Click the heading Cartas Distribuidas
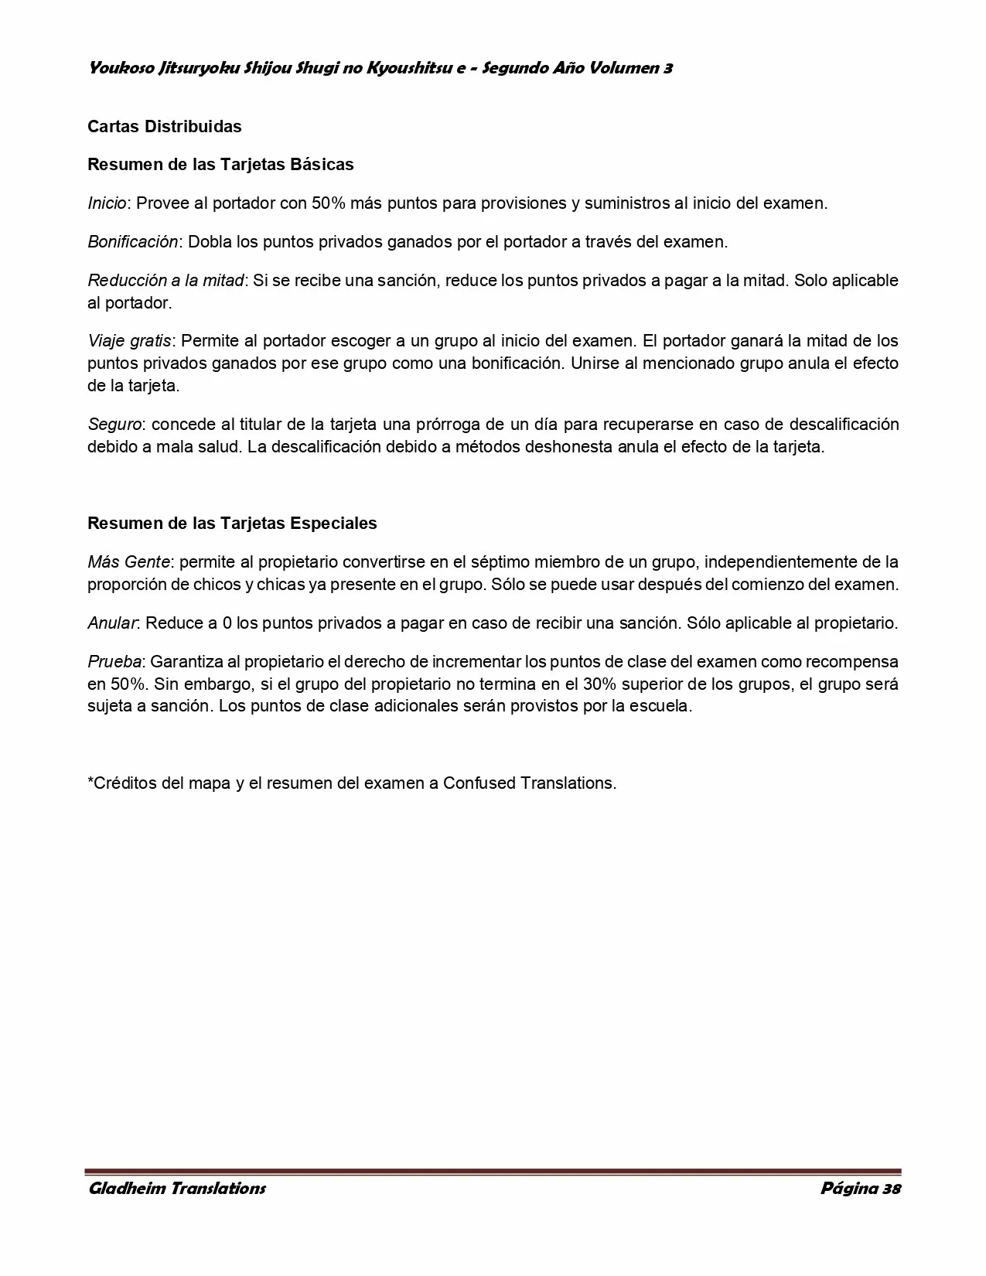pyautogui.click(x=164, y=126)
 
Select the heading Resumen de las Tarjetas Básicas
pyautogui.click(x=220, y=165)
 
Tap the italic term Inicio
pyautogui.click(x=107, y=203)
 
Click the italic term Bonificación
pyautogui.click(x=133, y=241)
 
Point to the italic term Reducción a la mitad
pyautogui.click(x=165, y=280)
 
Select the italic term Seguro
pyautogui.click(x=114, y=425)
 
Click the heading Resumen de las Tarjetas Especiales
pyautogui.click(x=232, y=524)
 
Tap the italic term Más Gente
pyautogui.click(x=128, y=561)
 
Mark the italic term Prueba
pyautogui.click(x=114, y=662)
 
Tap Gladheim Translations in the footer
pyautogui.click(x=177, y=1188)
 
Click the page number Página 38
pyautogui.click(x=860, y=1188)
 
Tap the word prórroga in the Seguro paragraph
pyautogui.click(x=462, y=425)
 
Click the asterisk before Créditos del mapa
pyautogui.click(x=90, y=780)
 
